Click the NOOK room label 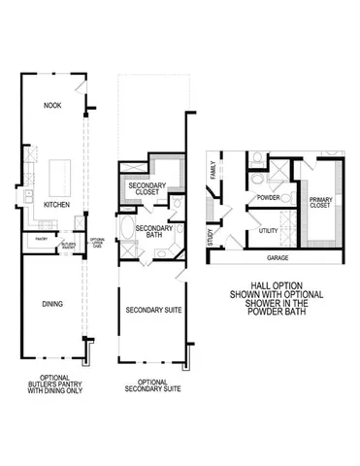tap(53, 103)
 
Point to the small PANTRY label tap(42, 237)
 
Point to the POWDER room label tap(268, 198)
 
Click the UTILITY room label tap(271, 231)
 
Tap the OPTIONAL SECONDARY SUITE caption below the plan tap(152, 385)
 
